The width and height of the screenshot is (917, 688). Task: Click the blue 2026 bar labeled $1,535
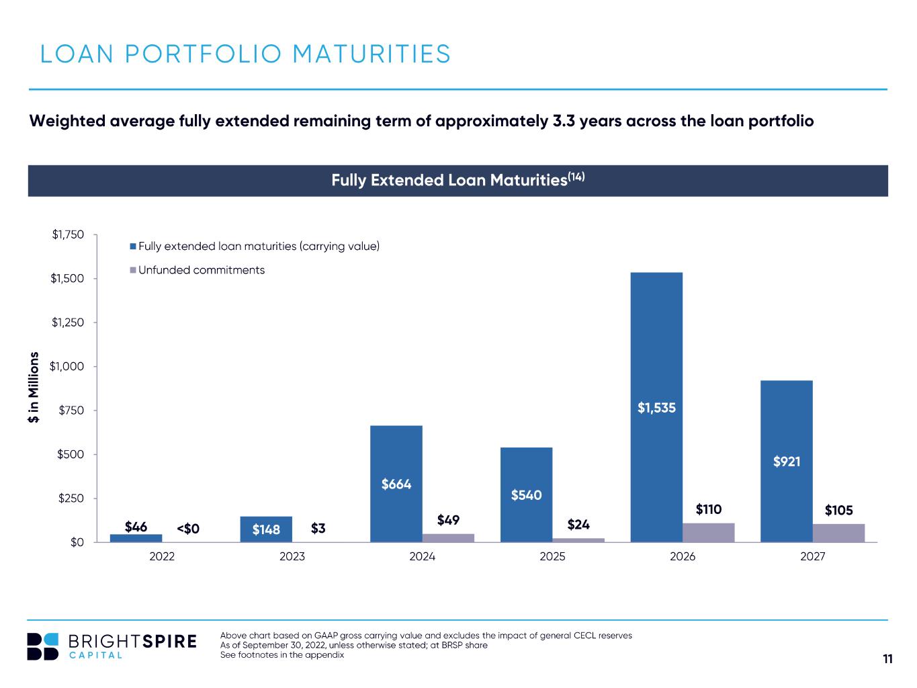pyautogui.click(x=656, y=407)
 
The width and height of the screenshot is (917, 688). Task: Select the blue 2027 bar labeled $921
pyautogui.click(x=786, y=461)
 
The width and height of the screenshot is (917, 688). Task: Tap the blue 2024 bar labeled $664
pyautogui.click(x=396, y=484)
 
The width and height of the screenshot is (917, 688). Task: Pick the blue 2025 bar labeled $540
pyautogui.click(x=527, y=494)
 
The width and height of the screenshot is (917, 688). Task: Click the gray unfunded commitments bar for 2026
pyautogui.click(x=709, y=533)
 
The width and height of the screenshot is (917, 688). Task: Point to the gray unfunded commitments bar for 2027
pyautogui.click(x=838, y=533)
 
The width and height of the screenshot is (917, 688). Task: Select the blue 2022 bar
pyautogui.click(x=136, y=538)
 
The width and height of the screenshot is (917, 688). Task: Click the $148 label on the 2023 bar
pyautogui.click(x=266, y=529)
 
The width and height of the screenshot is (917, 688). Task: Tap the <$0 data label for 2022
pyautogui.click(x=188, y=529)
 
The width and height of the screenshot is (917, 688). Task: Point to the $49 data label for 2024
pyautogui.click(x=448, y=520)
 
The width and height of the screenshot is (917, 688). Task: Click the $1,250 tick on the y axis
pyautogui.click(x=68, y=322)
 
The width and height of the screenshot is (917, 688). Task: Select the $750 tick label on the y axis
pyautogui.click(x=71, y=411)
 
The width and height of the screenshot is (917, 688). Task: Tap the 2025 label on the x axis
pyautogui.click(x=552, y=556)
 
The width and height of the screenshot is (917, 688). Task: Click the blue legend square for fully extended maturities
pyautogui.click(x=133, y=247)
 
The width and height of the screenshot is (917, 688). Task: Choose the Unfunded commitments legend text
pyautogui.click(x=202, y=270)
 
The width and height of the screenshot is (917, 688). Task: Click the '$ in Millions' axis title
pyautogui.click(x=34, y=387)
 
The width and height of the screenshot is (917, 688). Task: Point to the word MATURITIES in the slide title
pyautogui.click(x=372, y=54)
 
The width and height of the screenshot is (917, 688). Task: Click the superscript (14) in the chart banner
pyautogui.click(x=576, y=177)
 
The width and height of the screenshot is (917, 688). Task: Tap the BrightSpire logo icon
pyautogui.click(x=42, y=646)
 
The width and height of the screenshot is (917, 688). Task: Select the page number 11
pyautogui.click(x=887, y=659)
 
